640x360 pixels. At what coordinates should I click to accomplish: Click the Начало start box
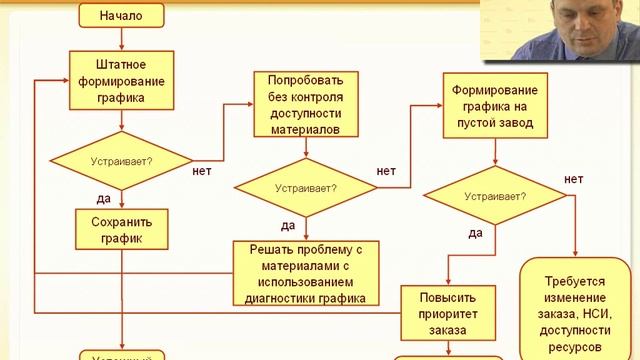tap(121, 15)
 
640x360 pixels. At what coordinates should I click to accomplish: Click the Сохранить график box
tap(121, 230)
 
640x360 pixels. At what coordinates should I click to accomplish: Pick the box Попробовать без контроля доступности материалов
tap(305, 104)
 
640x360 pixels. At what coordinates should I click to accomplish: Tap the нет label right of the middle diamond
tap(386, 171)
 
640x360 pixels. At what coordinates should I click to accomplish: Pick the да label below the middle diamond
tap(288, 225)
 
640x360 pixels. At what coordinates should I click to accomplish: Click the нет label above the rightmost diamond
tap(573, 179)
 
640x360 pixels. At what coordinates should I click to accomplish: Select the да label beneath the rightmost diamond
tap(476, 233)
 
